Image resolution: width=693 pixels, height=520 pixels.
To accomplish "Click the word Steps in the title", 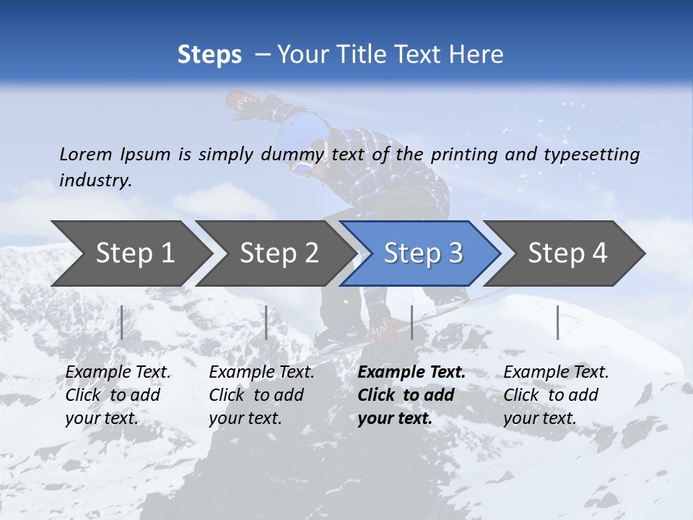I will [x=209, y=55].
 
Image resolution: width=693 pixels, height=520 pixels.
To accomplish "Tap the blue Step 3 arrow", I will [x=422, y=253].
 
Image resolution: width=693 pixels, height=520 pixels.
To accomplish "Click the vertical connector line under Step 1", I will [x=121, y=322].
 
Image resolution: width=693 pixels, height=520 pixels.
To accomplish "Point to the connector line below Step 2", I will [x=266, y=322].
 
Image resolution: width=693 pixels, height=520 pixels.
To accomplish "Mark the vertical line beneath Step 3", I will [x=411, y=322].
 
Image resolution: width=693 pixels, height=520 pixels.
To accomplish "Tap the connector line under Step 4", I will [x=557, y=322].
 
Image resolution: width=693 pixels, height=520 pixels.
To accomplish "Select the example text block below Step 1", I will [x=118, y=395].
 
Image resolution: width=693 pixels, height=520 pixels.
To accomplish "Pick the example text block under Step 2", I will [x=261, y=395].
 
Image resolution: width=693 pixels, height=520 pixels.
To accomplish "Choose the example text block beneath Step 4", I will [x=556, y=395].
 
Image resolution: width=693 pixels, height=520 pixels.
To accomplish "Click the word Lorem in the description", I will [x=86, y=154].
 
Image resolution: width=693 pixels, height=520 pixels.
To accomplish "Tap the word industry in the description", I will [x=95, y=181].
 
